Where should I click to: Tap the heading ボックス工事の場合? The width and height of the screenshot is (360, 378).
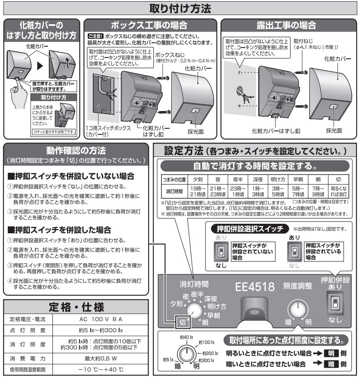pyautogui.click(x=149, y=25)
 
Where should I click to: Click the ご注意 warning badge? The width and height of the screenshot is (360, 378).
pyautogui.click(x=95, y=36)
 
